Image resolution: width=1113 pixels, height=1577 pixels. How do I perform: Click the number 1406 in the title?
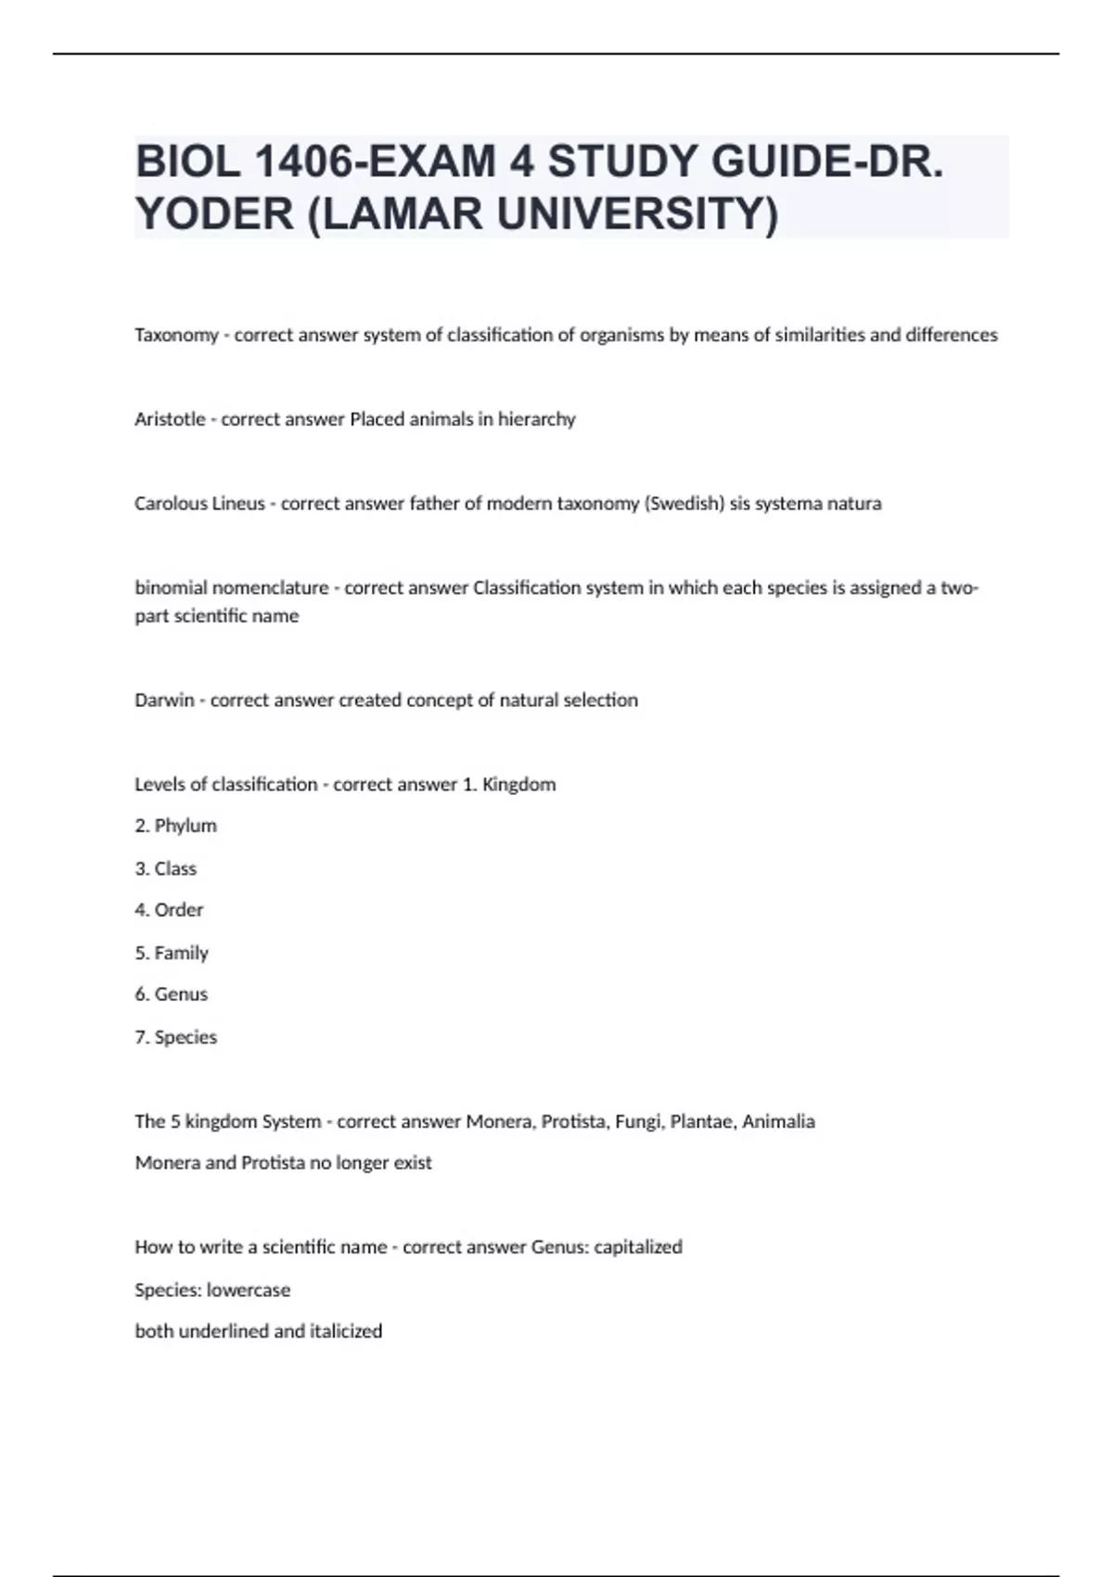(x=302, y=163)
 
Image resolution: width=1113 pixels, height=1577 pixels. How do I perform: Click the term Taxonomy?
(x=176, y=335)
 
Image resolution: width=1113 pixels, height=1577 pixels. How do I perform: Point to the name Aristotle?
(x=170, y=419)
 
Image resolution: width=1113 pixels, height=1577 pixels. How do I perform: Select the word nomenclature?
(x=270, y=588)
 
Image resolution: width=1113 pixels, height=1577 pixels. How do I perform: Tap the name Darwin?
(x=164, y=700)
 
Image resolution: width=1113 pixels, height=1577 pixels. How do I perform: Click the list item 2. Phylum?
(x=175, y=826)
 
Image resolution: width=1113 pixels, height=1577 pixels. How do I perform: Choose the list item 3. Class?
(x=166, y=868)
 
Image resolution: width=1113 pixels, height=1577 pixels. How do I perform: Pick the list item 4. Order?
(x=169, y=910)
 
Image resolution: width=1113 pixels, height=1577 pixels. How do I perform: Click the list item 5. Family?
(x=172, y=953)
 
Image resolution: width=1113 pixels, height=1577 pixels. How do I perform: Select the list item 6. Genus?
(x=172, y=994)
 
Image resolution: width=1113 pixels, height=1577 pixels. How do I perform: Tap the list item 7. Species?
(x=175, y=1037)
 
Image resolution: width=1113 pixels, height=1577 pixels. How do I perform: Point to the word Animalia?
(x=778, y=1122)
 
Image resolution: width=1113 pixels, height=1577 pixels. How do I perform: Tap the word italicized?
(x=346, y=1331)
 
